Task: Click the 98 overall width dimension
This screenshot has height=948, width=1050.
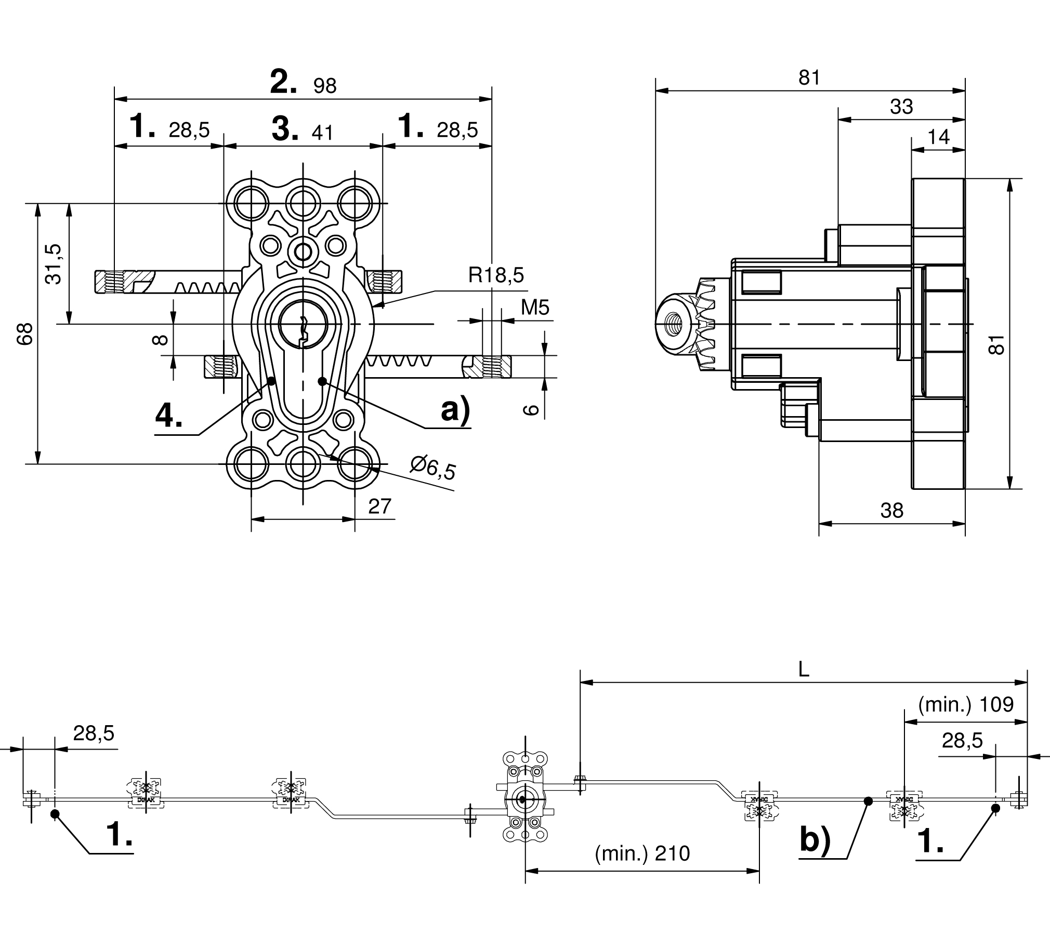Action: point(325,86)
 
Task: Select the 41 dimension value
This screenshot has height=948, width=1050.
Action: point(322,133)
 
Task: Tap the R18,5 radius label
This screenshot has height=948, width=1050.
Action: point(496,275)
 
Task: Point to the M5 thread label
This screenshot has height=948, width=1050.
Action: point(535,308)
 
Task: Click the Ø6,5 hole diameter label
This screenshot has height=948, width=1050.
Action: point(432,467)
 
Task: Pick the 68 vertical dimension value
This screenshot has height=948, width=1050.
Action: point(25,333)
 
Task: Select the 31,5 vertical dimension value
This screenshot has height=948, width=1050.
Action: point(54,264)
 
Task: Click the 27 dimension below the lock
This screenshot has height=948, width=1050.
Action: point(379,506)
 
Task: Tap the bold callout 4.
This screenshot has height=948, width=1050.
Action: point(169,416)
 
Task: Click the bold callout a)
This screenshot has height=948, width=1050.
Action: point(455,410)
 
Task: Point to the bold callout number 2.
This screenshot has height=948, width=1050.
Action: point(284,82)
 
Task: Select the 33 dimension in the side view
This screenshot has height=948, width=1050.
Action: point(901,106)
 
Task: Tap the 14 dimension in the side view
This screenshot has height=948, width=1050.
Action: point(939,137)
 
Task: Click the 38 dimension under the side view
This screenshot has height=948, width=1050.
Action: point(891,511)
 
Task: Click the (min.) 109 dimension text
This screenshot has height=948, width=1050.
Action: point(966,705)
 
